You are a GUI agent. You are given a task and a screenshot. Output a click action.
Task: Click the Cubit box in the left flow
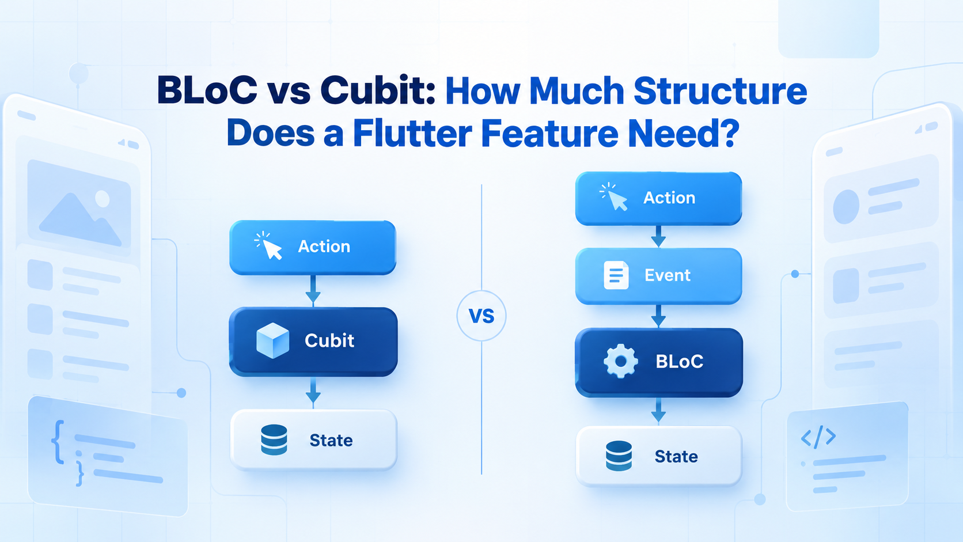313,342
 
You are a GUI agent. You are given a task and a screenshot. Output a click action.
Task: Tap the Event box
659,276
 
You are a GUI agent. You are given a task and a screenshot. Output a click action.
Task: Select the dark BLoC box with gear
659,362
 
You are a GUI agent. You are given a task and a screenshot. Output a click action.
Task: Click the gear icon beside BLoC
620,361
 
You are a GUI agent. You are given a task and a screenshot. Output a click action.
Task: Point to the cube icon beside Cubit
272,340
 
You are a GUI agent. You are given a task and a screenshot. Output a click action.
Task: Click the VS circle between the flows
482,316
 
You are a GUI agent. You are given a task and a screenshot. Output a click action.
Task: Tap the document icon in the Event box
616,275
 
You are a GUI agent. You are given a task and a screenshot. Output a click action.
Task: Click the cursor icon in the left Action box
269,246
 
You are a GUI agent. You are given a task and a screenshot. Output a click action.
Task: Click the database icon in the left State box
274,439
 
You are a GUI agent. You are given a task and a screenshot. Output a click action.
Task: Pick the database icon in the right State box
619,456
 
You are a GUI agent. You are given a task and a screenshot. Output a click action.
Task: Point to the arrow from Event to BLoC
658,316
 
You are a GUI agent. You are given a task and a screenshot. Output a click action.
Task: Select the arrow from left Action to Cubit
313,290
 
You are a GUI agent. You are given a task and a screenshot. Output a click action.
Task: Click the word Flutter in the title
413,133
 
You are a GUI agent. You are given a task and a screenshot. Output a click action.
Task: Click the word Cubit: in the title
378,90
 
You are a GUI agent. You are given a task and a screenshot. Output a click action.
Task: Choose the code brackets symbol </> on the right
818,437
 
